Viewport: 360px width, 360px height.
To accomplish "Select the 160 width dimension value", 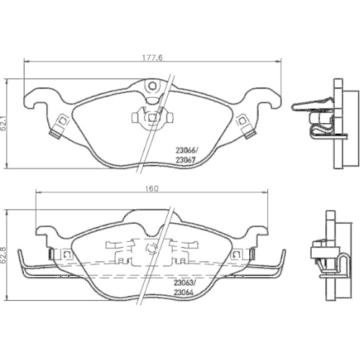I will pyautogui.click(x=152, y=189).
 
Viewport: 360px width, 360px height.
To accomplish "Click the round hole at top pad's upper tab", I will pyautogui.click(x=152, y=88).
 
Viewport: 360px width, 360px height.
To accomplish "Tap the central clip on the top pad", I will pyautogui.click(x=151, y=116).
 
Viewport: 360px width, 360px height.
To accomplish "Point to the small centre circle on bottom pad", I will pyautogui.click(x=151, y=249).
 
